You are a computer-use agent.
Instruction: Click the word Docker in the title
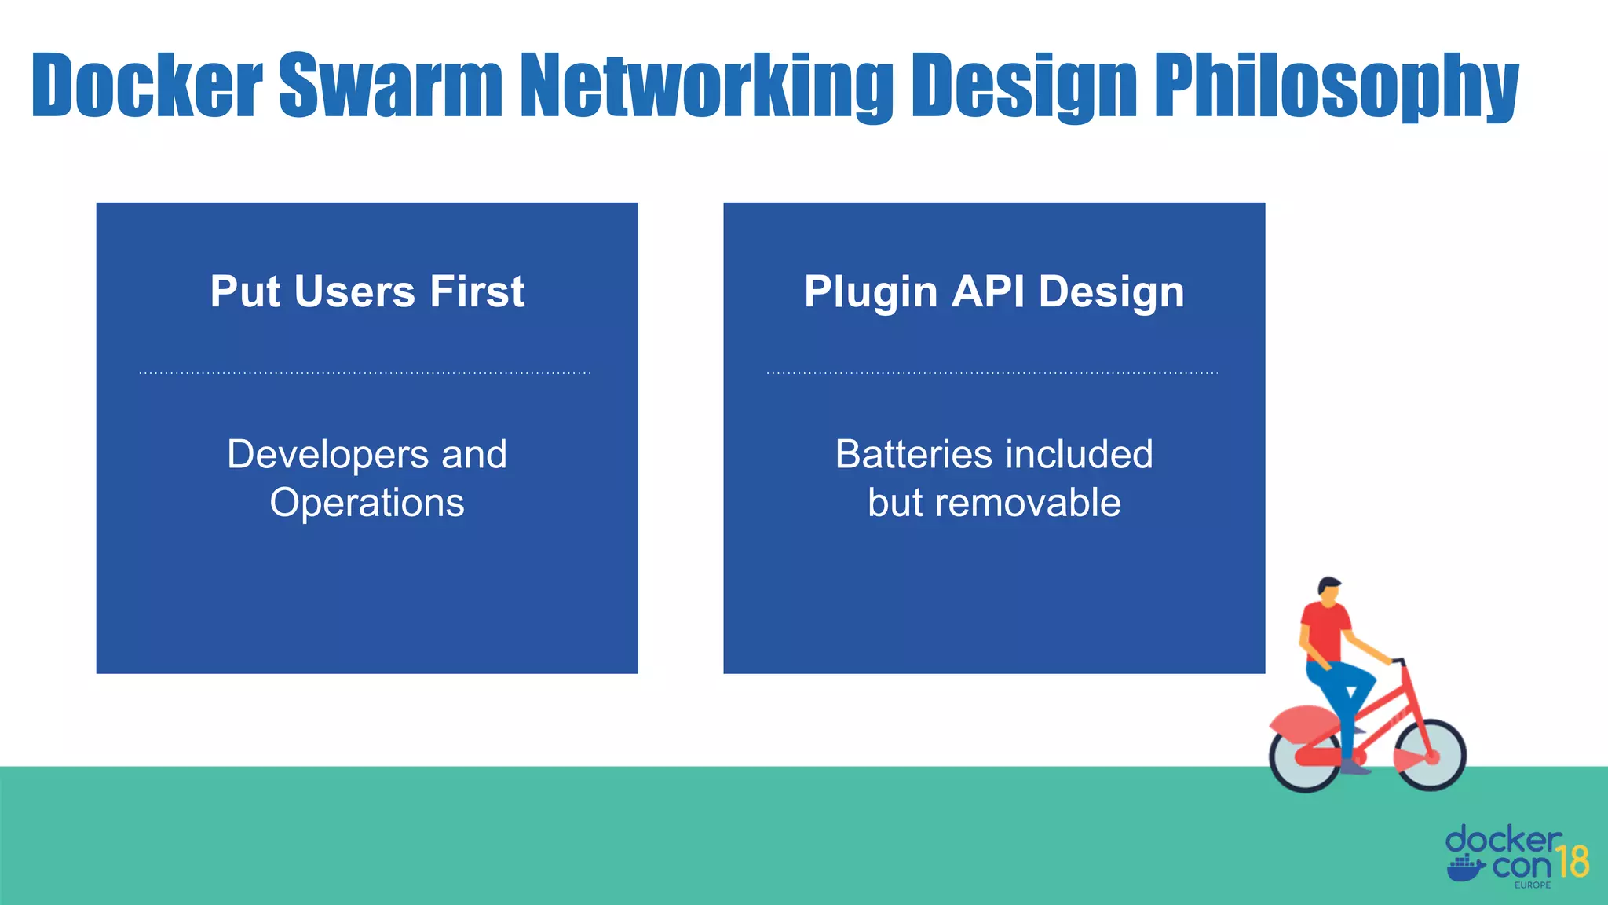click(147, 85)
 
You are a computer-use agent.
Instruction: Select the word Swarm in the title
click(390, 85)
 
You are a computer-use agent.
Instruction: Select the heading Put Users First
click(367, 291)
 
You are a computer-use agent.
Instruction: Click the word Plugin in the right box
click(871, 292)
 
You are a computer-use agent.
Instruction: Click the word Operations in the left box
click(367, 503)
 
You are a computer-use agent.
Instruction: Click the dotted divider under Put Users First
click(365, 373)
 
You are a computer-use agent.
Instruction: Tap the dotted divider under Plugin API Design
click(992, 373)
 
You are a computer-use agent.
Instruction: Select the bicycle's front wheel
click(1431, 755)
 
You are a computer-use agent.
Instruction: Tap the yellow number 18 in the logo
click(1573, 862)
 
